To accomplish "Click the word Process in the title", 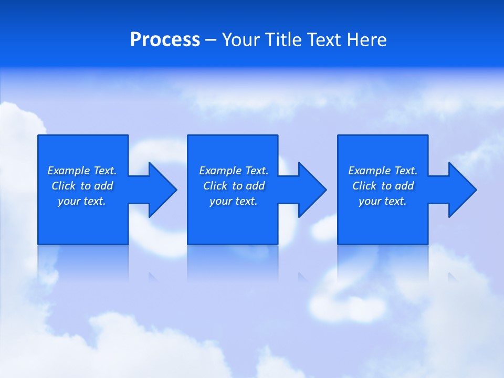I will (165, 40).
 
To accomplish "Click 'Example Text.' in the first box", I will (82, 171).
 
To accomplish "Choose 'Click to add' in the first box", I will (82, 186).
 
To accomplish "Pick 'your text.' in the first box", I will (82, 201).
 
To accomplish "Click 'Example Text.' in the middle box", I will (234, 171).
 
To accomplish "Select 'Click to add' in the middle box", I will (234, 186).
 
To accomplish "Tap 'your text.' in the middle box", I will (234, 201).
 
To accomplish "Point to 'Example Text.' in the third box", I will (383, 171).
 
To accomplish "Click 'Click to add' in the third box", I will (383, 186).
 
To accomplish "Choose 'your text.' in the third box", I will (383, 201).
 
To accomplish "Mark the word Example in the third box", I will (370, 171).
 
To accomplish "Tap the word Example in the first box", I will (69, 171).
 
